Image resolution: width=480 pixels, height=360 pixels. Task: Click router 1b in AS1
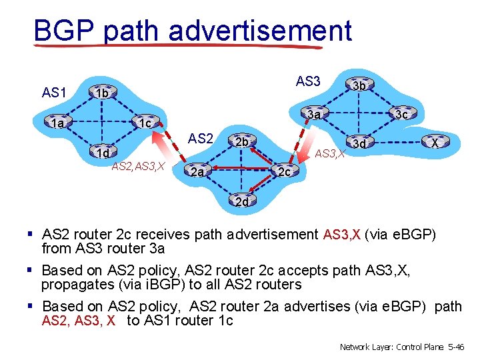coord(101,94)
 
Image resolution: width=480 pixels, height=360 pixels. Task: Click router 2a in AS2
coord(196,173)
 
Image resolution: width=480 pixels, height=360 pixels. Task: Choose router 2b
coord(241,142)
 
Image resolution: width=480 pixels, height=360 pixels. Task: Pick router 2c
coord(283,172)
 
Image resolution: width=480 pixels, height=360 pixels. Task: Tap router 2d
coord(241,201)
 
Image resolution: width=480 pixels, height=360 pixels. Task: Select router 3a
coord(314,115)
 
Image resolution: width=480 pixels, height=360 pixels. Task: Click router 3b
coord(359,85)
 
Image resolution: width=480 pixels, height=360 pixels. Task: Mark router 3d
coord(359,143)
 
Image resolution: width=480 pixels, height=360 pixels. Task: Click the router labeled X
coord(434,143)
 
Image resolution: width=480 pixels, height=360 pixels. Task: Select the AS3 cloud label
coord(308,81)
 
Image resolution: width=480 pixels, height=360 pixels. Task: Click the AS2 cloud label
coord(200,139)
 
